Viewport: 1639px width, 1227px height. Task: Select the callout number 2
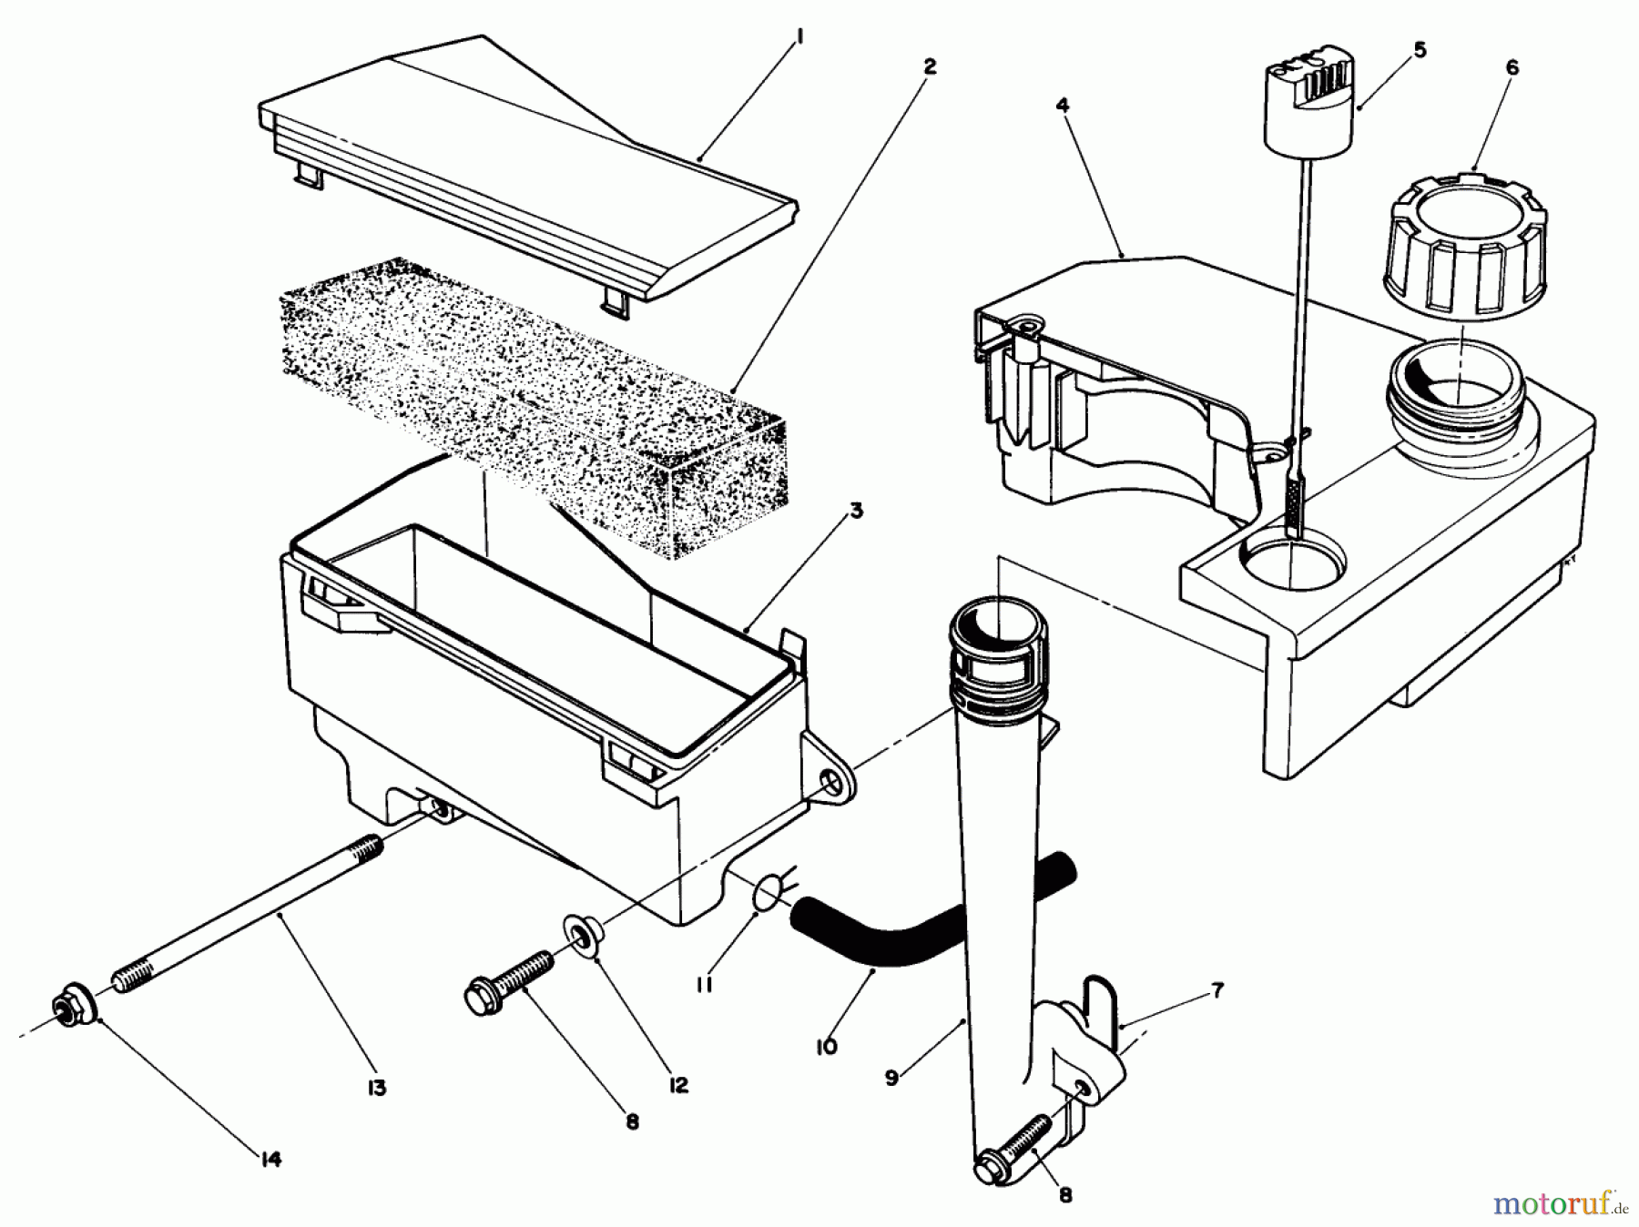[x=929, y=66]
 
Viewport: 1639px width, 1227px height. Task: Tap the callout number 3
[x=856, y=512]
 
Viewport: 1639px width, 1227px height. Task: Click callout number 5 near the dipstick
[x=1420, y=50]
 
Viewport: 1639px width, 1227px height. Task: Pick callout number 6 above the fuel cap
[x=1512, y=67]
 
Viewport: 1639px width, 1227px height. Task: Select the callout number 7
[x=1217, y=990]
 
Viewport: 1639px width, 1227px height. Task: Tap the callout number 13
[x=376, y=1087]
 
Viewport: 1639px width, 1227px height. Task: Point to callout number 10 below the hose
[x=826, y=1047]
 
